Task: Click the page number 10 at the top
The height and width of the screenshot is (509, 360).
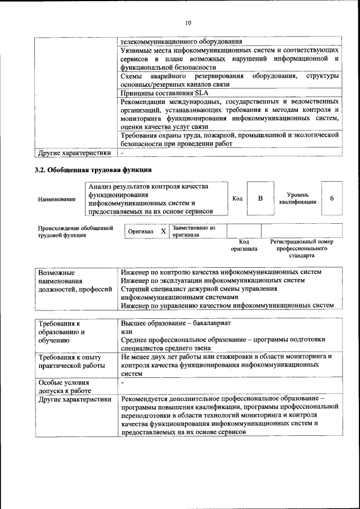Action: tap(188, 22)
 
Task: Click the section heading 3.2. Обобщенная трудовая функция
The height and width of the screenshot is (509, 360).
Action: tap(93, 169)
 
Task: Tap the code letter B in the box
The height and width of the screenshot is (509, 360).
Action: tap(260, 198)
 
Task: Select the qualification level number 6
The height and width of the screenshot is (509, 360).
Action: tap(332, 199)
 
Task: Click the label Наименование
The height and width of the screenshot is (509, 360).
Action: tap(57, 199)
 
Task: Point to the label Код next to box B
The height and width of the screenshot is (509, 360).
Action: tap(237, 199)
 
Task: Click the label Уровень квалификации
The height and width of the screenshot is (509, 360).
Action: tap(297, 199)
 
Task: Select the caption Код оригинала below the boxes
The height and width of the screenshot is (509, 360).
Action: tap(244, 245)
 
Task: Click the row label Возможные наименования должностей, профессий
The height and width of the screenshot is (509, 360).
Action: tap(75, 281)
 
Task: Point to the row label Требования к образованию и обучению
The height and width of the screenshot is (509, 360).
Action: tap(62, 332)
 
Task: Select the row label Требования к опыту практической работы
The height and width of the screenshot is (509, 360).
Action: tap(70, 361)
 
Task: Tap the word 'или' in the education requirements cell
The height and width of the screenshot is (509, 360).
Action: tap(126, 332)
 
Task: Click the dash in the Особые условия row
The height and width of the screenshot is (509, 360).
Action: tap(122, 382)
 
